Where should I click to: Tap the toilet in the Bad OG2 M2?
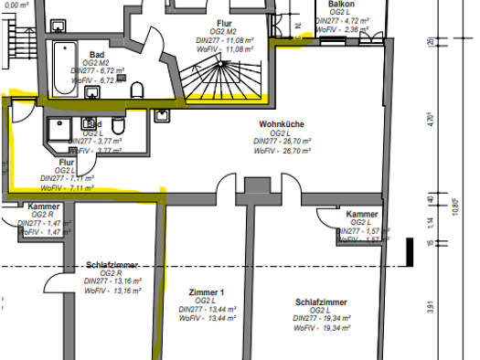point(137,89)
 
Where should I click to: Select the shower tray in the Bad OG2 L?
point(57,130)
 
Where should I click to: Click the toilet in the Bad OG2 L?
point(91,124)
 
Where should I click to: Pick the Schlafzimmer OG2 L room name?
point(322,302)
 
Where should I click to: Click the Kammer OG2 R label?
point(43,206)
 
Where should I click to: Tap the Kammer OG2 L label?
point(363,214)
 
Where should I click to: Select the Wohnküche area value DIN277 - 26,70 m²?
point(283,142)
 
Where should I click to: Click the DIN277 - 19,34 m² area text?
point(322,318)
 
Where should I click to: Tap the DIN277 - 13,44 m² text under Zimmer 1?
point(206,309)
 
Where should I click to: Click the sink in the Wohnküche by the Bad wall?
point(162,116)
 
